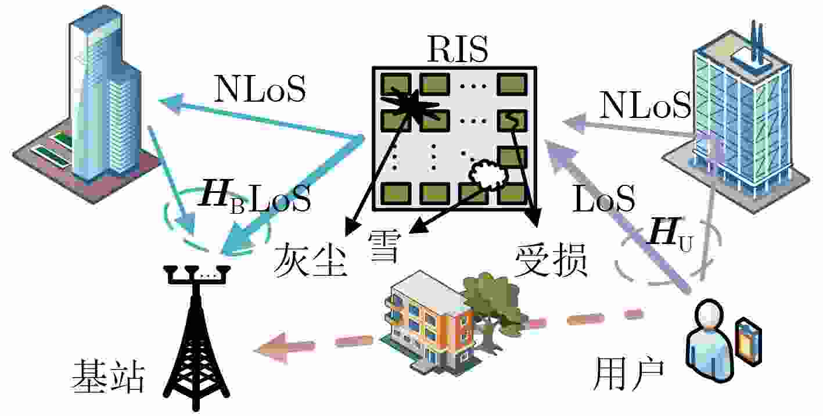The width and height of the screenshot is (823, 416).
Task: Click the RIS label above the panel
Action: tap(458, 49)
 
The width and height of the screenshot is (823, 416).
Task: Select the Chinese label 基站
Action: tap(107, 376)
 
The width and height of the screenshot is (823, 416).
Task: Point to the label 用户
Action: tap(629, 373)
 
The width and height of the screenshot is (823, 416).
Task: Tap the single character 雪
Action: tap(384, 246)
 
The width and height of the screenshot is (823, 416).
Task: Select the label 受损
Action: tap(551, 259)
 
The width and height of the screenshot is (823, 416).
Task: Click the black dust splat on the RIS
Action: tap(409, 105)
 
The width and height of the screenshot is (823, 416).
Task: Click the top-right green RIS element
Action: tap(512, 84)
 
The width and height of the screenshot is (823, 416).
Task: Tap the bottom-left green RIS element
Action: tap(396, 193)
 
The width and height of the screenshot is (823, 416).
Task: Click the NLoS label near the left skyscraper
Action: tap(260, 88)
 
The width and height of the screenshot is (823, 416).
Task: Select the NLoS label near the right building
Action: tap(645, 105)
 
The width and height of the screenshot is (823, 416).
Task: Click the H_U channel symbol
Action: tap(671, 235)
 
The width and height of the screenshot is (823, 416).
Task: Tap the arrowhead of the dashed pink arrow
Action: tap(272, 347)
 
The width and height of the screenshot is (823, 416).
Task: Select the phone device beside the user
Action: tap(748, 342)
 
